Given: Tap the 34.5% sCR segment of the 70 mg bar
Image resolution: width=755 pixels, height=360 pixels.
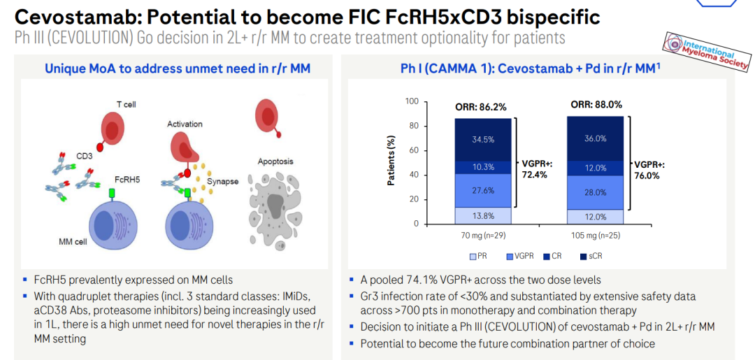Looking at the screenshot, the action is [483, 140].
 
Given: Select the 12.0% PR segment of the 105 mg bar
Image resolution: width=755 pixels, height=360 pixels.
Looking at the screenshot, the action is [595, 217].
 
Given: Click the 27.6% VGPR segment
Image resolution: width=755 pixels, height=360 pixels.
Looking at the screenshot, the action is [483, 191].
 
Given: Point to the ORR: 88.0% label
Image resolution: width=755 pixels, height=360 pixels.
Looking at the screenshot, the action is [596, 105].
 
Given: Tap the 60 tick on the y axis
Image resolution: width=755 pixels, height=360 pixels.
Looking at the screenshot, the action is [414, 151].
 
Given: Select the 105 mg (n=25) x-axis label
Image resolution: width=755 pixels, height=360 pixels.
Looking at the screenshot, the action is [596, 236].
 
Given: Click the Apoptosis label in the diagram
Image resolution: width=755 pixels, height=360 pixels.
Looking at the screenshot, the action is [275, 161].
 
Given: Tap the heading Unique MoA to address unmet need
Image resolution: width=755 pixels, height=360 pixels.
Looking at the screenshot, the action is [177, 69].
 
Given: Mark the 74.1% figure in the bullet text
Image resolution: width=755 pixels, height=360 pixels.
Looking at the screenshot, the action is [417, 280].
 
